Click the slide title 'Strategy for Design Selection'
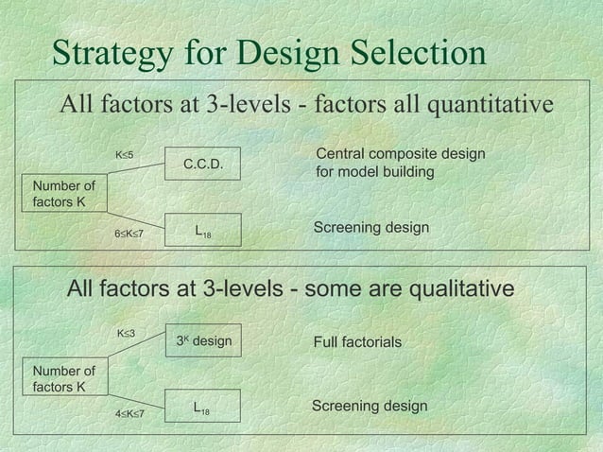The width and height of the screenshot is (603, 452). (268, 54)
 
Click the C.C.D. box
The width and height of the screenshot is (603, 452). (202, 164)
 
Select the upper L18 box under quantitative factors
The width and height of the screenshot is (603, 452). (202, 230)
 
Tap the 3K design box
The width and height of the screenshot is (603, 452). (203, 340)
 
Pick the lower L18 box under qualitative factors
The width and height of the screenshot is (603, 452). (201, 408)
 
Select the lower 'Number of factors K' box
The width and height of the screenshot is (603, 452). (63, 378)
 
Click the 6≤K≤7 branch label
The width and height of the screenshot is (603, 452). (128, 233)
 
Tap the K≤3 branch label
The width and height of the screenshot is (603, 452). (125, 334)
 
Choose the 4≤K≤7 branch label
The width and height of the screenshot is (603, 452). (129, 413)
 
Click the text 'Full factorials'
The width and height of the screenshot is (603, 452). (357, 341)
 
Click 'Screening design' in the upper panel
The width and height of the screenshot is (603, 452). (370, 229)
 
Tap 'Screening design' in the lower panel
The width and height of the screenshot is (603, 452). (370, 406)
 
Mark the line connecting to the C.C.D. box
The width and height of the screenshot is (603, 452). (137, 169)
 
